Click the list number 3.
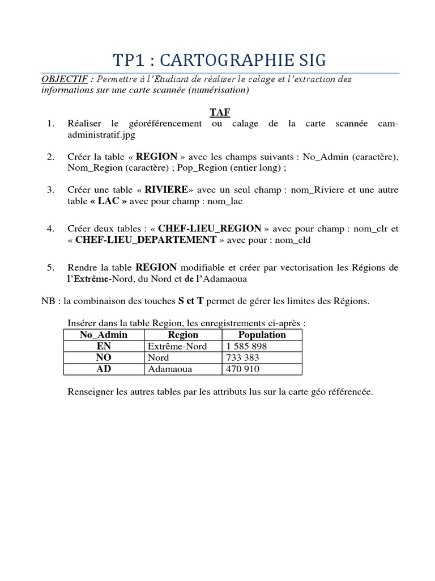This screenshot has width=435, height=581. pyautogui.click(x=50, y=190)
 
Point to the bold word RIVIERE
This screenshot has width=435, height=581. pyautogui.click(x=166, y=190)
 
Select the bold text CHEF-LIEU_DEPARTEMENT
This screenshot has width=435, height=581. pyautogui.click(x=146, y=240)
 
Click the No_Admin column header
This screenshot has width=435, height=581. pyautogui.click(x=104, y=335)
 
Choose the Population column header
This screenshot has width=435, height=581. pyautogui.click(x=262, y=335)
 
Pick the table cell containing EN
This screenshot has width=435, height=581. pyautogui.click(x=104, y=346)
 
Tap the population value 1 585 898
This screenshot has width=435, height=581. pyautogui.click(x=246, y=346)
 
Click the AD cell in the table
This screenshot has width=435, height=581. pyautogui.click(x=104, y=369)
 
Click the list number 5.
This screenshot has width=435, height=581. pyautogui.click(x=50, y=267)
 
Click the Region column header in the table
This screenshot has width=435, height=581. pyautogui.click(x=183, y=335)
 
